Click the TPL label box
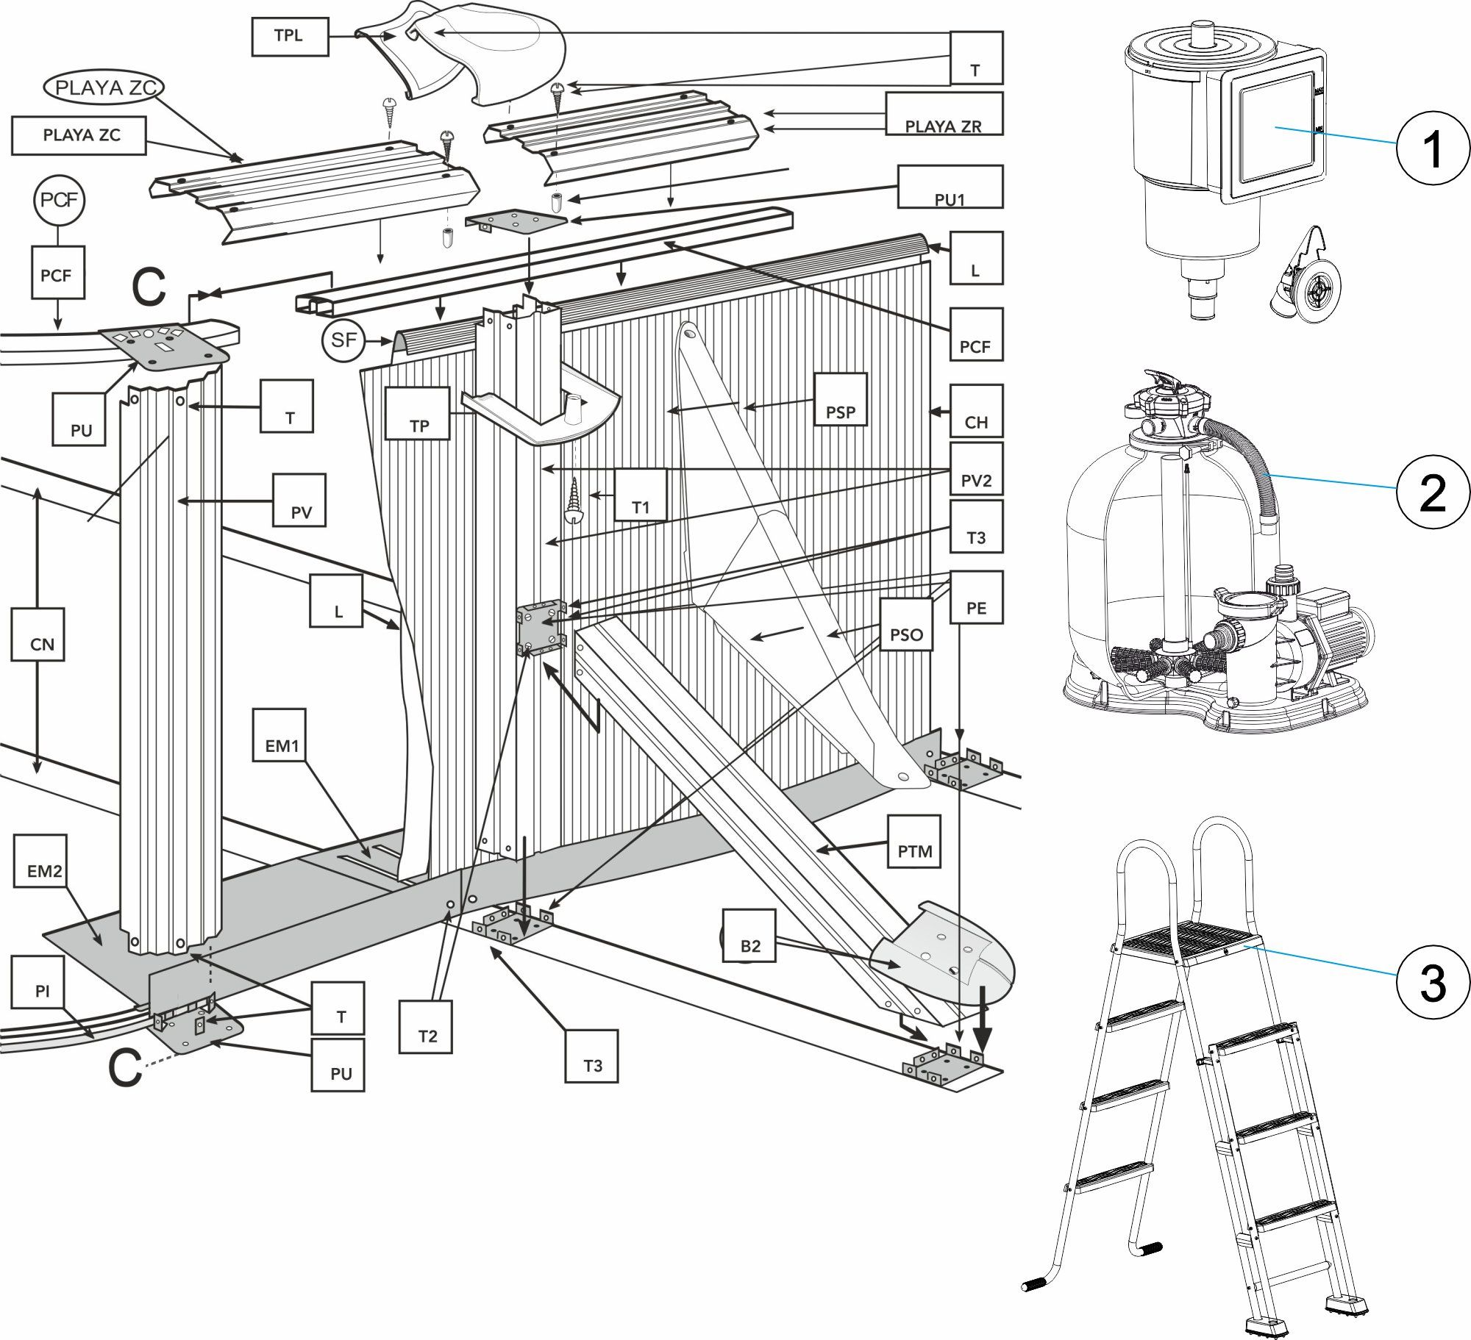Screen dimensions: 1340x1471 tap(289, 36)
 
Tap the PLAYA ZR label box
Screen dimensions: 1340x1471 tap(943, 115)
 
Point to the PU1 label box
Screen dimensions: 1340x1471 tap(949, 187)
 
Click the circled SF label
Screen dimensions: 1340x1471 tap(343, 340)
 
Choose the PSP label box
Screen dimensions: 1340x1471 tap(841, 399)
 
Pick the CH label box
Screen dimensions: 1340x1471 tap(976, 410)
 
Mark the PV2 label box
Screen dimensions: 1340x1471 tap(976, 469)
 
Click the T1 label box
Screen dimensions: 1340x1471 tap(641, 495)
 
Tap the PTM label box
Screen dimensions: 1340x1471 tap(914, 841)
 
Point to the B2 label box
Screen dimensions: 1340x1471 tap(749, 936)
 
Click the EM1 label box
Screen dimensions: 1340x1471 tap(282, 735)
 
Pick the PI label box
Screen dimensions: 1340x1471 tap(43, 981)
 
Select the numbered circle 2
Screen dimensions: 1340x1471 tap(1432, 493)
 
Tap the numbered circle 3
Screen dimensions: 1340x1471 tap(1432, 981)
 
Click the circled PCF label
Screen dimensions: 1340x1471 tap(58, 200)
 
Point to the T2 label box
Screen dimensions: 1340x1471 tap(427, 1026)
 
